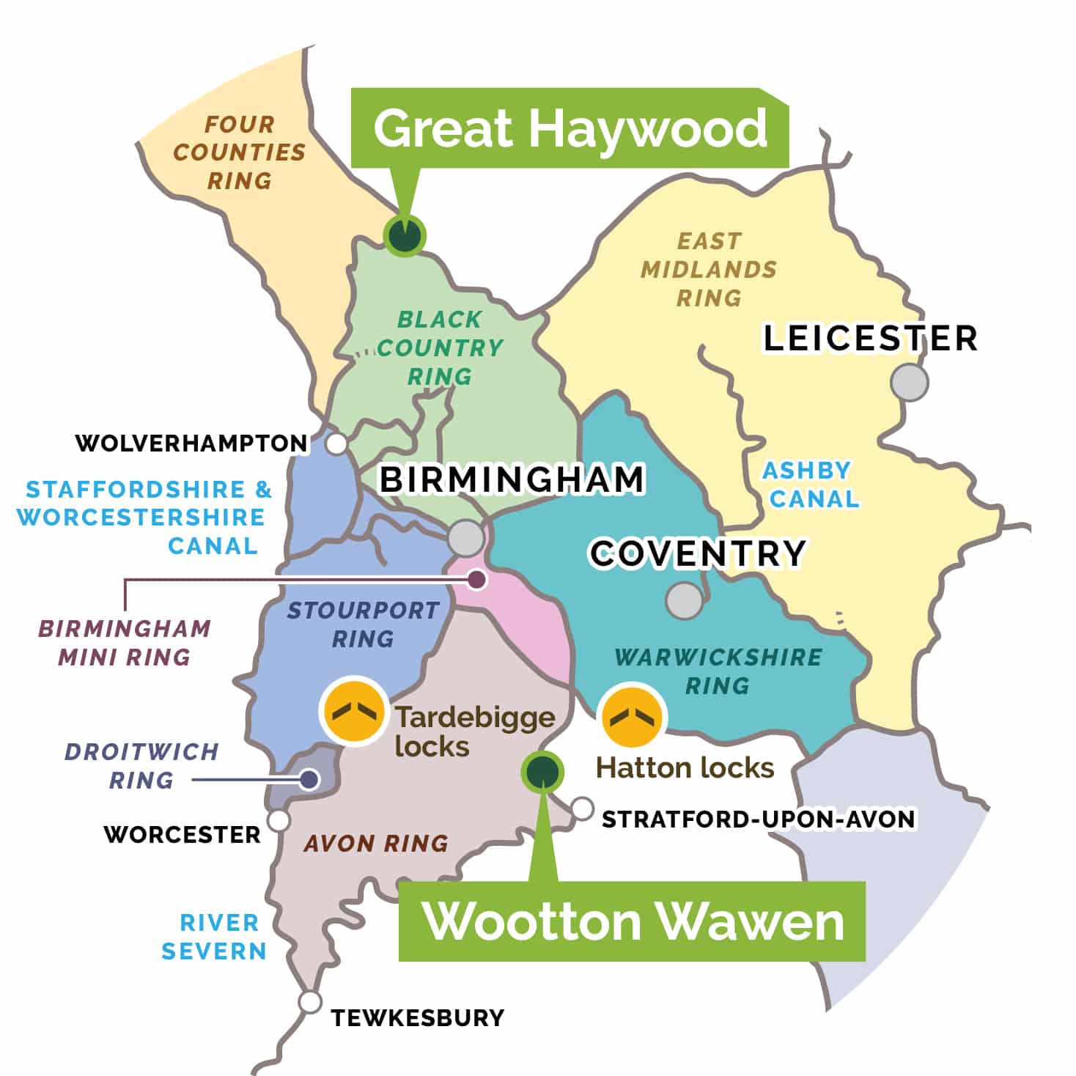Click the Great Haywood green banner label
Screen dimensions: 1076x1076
pyautogui.click(x=570, y=129)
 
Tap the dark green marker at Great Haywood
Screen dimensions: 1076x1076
pyautogui.click(x=404, y=235)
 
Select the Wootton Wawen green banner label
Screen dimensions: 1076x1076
pyautogui.click(x=632, y=921)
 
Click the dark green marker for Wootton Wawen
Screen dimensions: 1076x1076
pyautogui.click(x=542, y=771)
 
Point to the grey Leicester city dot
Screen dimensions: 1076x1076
pyautogui.click(x=910, y=382)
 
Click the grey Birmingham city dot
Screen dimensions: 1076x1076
pyautogui.click(x=466, y=537)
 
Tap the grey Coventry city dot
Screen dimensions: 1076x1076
pyautogui.click(x=684, y=600)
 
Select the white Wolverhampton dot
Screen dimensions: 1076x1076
pyautogui.click(x=336, y=444)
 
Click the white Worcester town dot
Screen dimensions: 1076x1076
pyautogui.click(x=279, y=820)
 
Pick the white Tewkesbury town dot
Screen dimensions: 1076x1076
pyautogui.click(x=310, y=1002)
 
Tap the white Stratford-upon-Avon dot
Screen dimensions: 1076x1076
pyautogui.click(x=582, y=808)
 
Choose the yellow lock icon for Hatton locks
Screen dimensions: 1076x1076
pyautogui.click(x=631, y=717)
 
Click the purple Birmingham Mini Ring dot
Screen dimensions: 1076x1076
pyautogui.click(x=477, y=580)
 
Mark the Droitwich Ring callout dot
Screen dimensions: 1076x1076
pyautogui.click(x=309, y=780)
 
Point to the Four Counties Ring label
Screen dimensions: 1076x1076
pyautogui.click(x=239, y=152)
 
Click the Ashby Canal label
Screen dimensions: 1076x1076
pyautogui.click(x=809, y=484)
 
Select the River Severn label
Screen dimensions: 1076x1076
pyautogui.click(x=214, y=937)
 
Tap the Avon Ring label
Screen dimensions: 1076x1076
pyautogui.click(x=376, y=844)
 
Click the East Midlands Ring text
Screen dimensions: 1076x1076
pyautogui.click(x=708, y=270)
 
